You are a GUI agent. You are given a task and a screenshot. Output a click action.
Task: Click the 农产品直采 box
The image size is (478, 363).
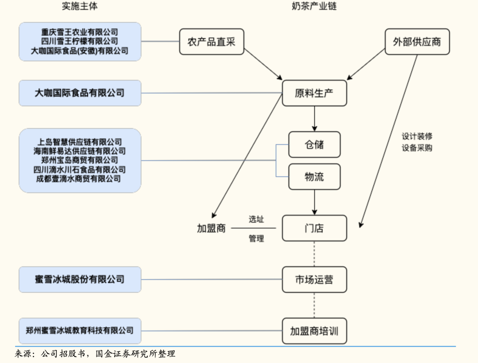coord(212,42)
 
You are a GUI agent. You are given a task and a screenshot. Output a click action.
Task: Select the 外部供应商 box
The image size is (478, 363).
coord(417,42)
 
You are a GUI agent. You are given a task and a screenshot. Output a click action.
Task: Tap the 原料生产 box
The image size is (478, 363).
coord(314,93)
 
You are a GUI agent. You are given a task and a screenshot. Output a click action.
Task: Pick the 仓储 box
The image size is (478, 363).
coord(314,144)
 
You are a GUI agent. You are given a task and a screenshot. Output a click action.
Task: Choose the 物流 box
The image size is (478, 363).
coord(314,177)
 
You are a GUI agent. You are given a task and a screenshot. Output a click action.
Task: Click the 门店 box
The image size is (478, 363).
coord(314,228)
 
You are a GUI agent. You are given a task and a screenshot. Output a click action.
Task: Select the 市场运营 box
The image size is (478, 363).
coord(314,279)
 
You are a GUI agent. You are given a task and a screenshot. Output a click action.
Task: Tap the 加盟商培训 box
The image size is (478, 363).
coord(314,331)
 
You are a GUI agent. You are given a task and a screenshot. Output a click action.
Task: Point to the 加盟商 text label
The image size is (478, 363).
coord(211,228)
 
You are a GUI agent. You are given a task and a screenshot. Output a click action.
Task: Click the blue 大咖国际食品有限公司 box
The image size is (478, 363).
coord(80,93)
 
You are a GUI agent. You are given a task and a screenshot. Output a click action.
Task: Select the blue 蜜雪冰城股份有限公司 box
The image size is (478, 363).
coord(80,279)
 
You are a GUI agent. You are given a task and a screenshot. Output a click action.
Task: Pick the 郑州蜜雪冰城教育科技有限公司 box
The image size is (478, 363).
coord(80,331)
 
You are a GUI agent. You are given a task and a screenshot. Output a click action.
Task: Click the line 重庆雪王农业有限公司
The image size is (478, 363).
coord(80,32)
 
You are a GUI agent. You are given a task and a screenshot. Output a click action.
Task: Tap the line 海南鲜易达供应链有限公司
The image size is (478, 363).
coord(80,151)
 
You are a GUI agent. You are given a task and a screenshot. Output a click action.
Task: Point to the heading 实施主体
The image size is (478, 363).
coord(80,6)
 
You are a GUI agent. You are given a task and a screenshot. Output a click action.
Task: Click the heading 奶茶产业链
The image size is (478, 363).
coord(314,6)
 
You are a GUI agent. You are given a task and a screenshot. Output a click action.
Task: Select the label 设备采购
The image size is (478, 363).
coord(417,148)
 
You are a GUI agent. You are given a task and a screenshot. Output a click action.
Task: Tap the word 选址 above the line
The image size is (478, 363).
coord(256,219)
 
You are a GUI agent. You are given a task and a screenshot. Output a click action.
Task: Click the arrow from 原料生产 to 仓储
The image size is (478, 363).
coord(314,119)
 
